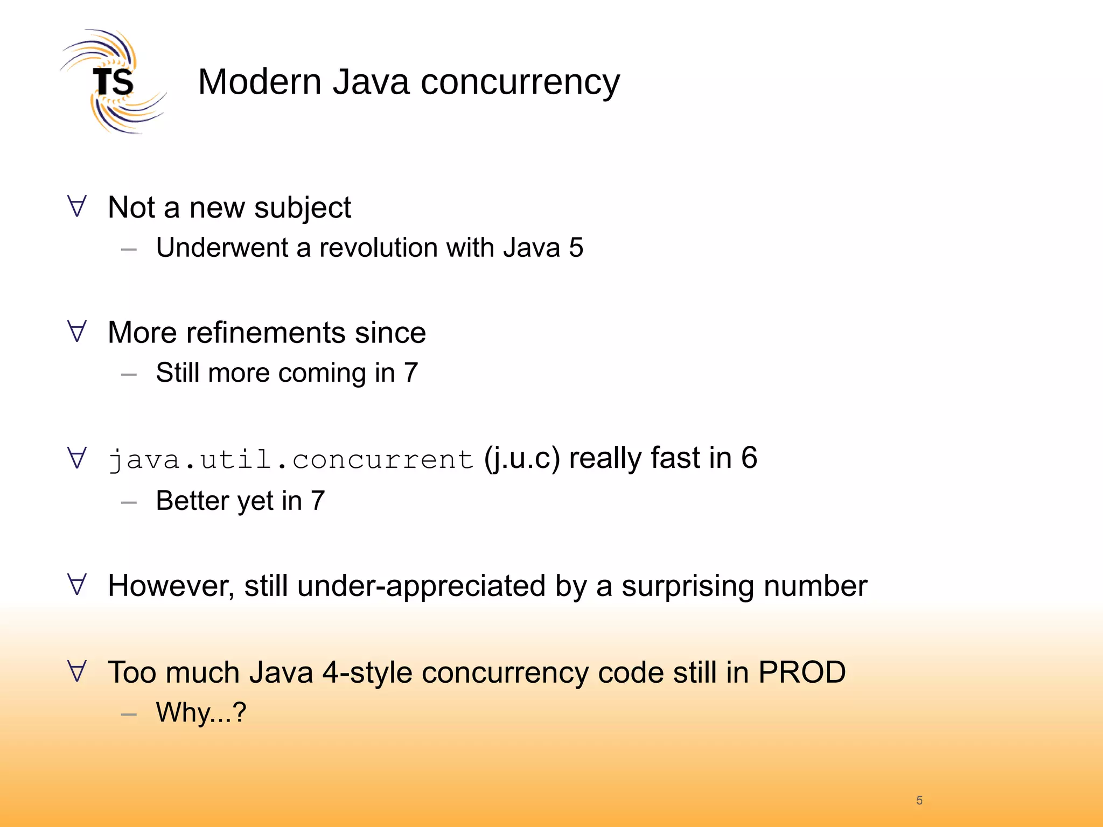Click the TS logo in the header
[x=113, y=82]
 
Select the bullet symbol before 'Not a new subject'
[x=77, y=207]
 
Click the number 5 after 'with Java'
[x=576, y=248]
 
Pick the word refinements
[x=266, y=333]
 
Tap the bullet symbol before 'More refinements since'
[x=77, y=332]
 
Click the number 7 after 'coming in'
[x=410, y=373]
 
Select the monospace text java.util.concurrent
[x=291, y=459]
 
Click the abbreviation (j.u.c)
[x=521, y=459]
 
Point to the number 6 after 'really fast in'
[x=749, y=458]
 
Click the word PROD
[x=802, y=672]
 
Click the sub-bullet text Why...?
[x=201, y=713]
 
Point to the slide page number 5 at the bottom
[x=919, y=801]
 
